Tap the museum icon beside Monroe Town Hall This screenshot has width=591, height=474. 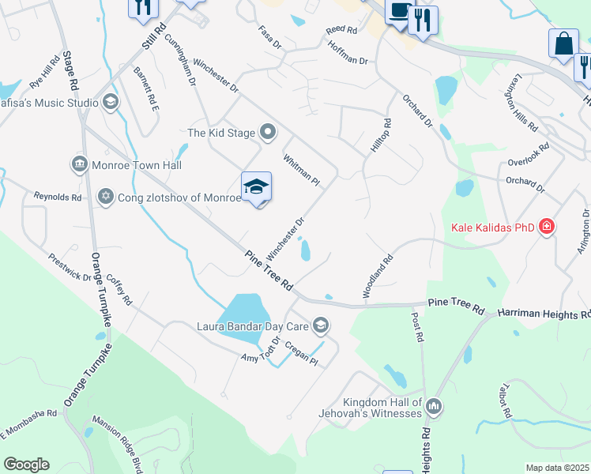pyautogui.click(x=79, y=164)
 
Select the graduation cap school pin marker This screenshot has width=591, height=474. pyautogui.click(x=256, y=187)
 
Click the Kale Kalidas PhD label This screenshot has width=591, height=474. pyautogui.click(x=492, y=228)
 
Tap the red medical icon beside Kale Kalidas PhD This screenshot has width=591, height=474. pyautogui.click(x=545, y=228)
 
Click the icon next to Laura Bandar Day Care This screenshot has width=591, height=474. pyautogui.click(x=320, y=325)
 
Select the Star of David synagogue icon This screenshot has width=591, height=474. pyautogui.click(x=105, y=196)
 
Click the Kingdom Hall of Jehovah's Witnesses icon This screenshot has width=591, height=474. pyautogui.click(x=433, y=408)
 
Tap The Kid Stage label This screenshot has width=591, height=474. pyautogui.click(x=220, y=133)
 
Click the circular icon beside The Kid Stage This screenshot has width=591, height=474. pyautogui.click(x=268, y=133)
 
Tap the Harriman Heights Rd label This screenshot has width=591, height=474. pyautogui.click(x=544, y=314)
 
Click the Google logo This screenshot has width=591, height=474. pyautogui.click(x=26, y=464)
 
